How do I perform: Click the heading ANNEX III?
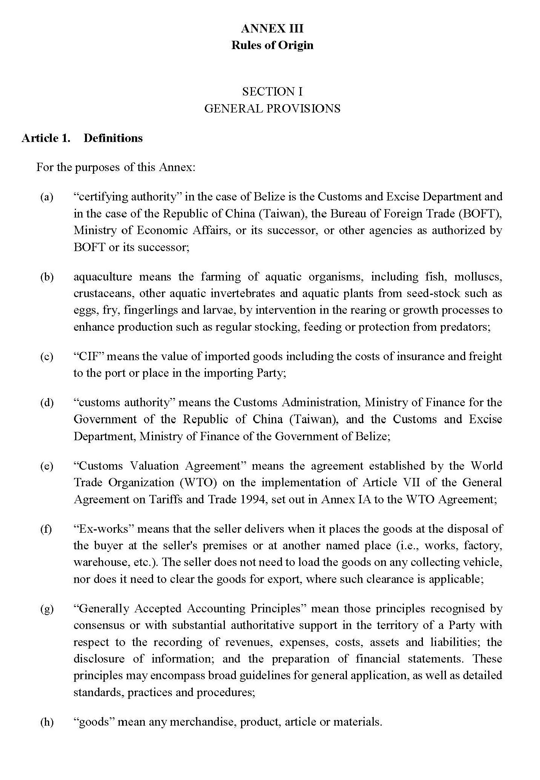(x=272, y=29)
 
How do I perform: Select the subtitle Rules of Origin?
(x=272, y=45)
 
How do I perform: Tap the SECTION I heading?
(x=272, y=92)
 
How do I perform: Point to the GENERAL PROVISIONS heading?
(x=272, y=109)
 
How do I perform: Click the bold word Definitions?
(x=113, y=138)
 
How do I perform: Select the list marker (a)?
(x=47, y=197)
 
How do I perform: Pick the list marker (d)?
(x=47, y=402)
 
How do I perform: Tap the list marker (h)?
(x=47, y=722)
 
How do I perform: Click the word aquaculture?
(x=103, y=277)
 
